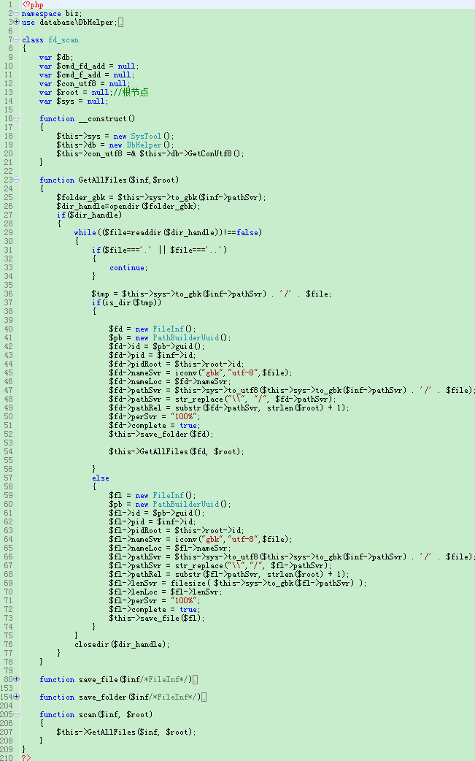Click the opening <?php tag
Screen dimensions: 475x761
point(33,5)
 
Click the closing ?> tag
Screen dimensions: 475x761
point(26,757)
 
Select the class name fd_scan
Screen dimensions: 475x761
point(63,39)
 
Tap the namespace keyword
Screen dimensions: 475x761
point(41,14)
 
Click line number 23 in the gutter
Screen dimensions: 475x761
point(8,180)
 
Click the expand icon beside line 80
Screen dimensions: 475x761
point(17,679)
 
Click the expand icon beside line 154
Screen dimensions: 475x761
point(17,697)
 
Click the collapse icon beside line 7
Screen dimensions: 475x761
point(17,39)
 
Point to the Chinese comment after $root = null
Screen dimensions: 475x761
point(131,92)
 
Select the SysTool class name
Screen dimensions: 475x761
point(146,136)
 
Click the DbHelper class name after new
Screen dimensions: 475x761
point(144,145)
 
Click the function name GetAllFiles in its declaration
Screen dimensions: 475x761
point(103,180)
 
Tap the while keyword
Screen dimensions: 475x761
point(85,232)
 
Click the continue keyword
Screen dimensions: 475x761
point(127,267)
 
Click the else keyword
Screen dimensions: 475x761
point(101,478)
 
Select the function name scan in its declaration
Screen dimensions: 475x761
point(88,714)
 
